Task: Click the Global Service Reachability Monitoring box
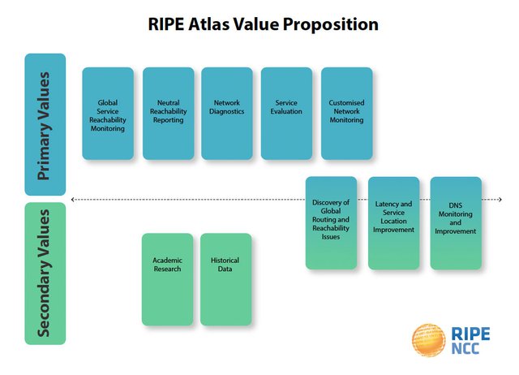(x=108, y=114)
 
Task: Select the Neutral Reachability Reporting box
(x=168, y=114)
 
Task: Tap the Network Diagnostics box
(x=227, y=114)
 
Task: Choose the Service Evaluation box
(x=286, y=114)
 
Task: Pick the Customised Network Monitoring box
(x=346, y=114)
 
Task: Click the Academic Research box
(x=167, y=279)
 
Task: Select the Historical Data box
(x=225, y=279)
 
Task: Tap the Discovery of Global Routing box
(x=331, y=223)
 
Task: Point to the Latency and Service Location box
(x=393, y=223)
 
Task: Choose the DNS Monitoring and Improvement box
(x=456, y=223)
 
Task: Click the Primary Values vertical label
(x=45, y=124)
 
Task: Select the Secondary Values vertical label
(x=45, y=274)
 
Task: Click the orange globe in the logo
(x=428, y=340)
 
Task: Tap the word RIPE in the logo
(x=470, y=334)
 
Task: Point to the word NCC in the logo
(x=465, y=349)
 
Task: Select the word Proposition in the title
(x=331, y=25)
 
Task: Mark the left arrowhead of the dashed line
(x=73, y=200)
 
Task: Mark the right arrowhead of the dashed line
(x=500, y=200)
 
